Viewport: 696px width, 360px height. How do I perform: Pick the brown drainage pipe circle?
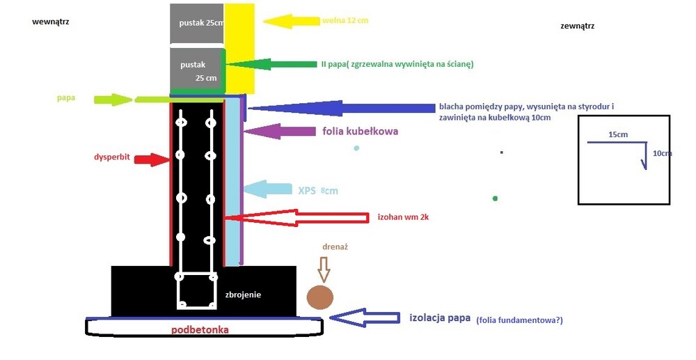tap(320, 296)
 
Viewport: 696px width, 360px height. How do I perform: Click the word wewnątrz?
tap(50, 22)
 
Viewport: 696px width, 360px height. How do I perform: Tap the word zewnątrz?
tap(577, 26)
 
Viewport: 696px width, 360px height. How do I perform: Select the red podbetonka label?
tap(200, 329)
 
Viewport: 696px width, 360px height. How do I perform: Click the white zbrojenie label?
tap(243, 295)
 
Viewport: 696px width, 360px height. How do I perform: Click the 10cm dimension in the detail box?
tap(662, 153)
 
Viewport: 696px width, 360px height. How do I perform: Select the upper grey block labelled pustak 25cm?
tap(198, 23)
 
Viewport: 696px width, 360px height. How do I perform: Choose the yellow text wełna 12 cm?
tap(345, 21)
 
